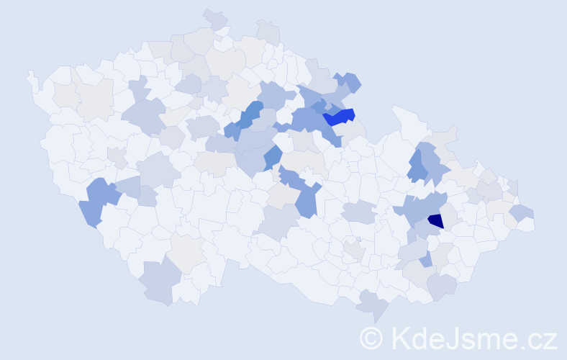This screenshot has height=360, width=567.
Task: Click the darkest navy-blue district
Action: click(435, 222)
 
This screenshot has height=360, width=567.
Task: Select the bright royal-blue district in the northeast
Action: click(338, 117)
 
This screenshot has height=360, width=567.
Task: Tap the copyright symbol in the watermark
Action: click(371, 338)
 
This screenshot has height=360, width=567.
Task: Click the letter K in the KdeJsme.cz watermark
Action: click(401, 338)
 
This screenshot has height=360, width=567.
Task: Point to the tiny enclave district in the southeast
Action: click(358, 240)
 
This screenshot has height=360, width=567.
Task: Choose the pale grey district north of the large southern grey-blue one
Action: click(187, 252)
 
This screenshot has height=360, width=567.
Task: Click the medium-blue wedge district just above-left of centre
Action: click(272, 156)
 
